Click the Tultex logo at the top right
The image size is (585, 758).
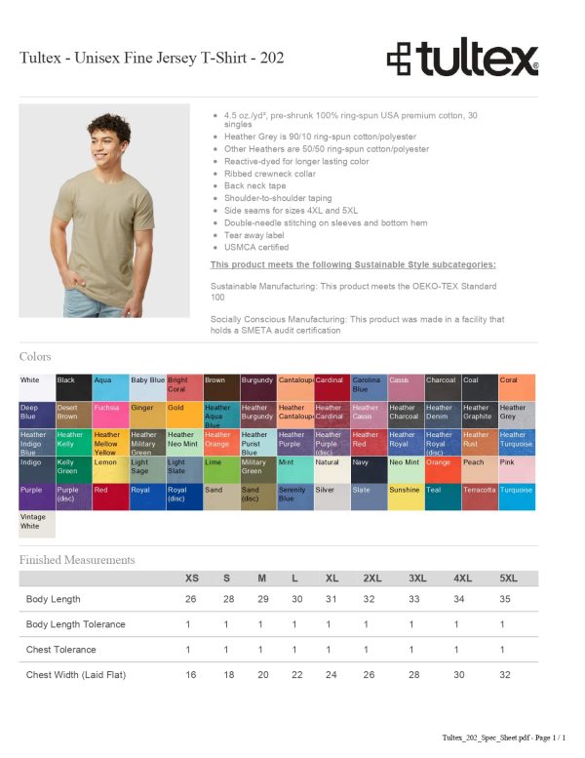tap(462, 58)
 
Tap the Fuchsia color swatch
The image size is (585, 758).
tap(110, 415)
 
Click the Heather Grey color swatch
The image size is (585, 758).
tap(517, 415)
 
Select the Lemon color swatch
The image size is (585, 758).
tap(110, 469)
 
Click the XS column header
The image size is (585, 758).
tap(192, 578)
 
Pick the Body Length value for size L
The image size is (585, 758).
tap(294, 599)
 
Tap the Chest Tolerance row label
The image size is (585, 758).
tap(59, 650)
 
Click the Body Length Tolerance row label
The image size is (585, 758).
tap(75, 624)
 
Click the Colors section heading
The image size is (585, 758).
tap(35, 357)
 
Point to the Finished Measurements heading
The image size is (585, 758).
tap(77, 560)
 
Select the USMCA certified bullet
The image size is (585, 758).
tap(254, 248)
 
